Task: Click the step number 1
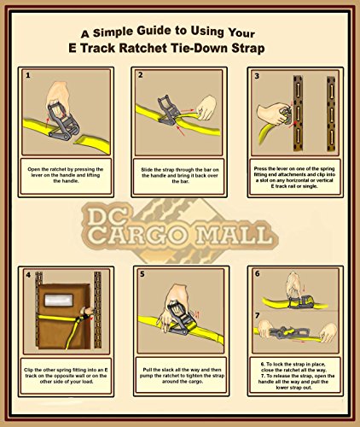[x=28, y=75]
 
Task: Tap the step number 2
[x=141, y=75]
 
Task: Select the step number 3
[x=257, y=76]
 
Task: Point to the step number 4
[x=28, y=275]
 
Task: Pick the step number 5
[x=142, y=274]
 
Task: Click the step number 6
[x=258, y=273]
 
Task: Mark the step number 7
[x=258, y=315]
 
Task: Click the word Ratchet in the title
[x=143, y=48]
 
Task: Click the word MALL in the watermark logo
[x=235, y=236]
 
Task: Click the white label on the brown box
[x=59, y=300]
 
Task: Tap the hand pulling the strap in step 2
[x=206, y=108]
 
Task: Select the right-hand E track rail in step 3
[x=331, y=114]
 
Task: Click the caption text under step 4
[x=66, y=376]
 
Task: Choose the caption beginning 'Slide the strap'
[x=180, y=175]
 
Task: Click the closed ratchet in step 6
[x=301, y=301]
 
